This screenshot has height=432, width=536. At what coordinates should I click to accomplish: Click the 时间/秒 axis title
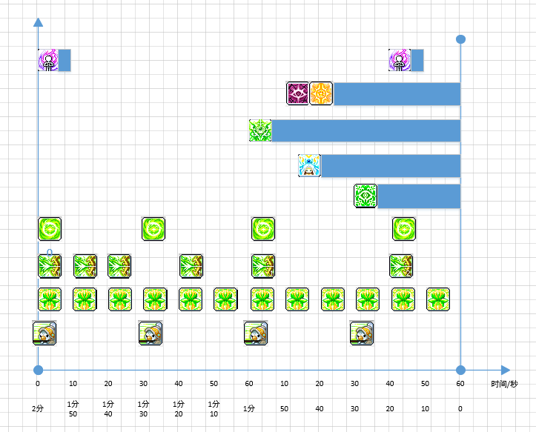click(504, 384)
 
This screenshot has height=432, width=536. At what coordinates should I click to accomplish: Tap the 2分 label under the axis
click(38, 408)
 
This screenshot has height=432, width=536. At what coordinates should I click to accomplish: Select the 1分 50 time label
click(73, 409)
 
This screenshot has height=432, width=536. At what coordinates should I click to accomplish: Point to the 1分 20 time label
click(179, 409)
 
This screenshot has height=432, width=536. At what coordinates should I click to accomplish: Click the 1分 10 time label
click(214, 409)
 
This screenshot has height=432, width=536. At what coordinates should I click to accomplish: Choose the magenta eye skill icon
click(297, 93)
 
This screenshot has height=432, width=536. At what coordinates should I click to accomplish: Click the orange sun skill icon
click(321, 93)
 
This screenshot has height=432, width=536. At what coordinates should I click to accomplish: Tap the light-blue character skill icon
click(309, 166)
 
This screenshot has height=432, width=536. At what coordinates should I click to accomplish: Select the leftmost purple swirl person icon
click(48, 60)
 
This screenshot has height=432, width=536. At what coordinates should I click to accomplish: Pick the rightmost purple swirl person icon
click(400, 60)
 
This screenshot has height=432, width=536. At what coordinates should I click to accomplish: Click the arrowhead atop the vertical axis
click(38, 22)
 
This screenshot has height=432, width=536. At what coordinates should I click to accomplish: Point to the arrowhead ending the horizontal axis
click(506, 370)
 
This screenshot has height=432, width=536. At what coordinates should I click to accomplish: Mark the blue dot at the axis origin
click(38, 370)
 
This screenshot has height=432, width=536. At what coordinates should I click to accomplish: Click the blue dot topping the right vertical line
click(460, 39)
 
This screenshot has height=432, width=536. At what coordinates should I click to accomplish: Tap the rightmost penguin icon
click(362, 333)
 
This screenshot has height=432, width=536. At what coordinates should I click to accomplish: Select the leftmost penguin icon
click(44, 333)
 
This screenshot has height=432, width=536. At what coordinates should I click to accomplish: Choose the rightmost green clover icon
click(438, 299)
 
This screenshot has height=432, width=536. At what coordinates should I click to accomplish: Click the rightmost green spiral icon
click(404, 229)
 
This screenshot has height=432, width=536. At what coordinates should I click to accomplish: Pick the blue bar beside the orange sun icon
click(397, 94)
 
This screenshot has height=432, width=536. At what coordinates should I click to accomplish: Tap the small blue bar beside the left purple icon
click(64, 60)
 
